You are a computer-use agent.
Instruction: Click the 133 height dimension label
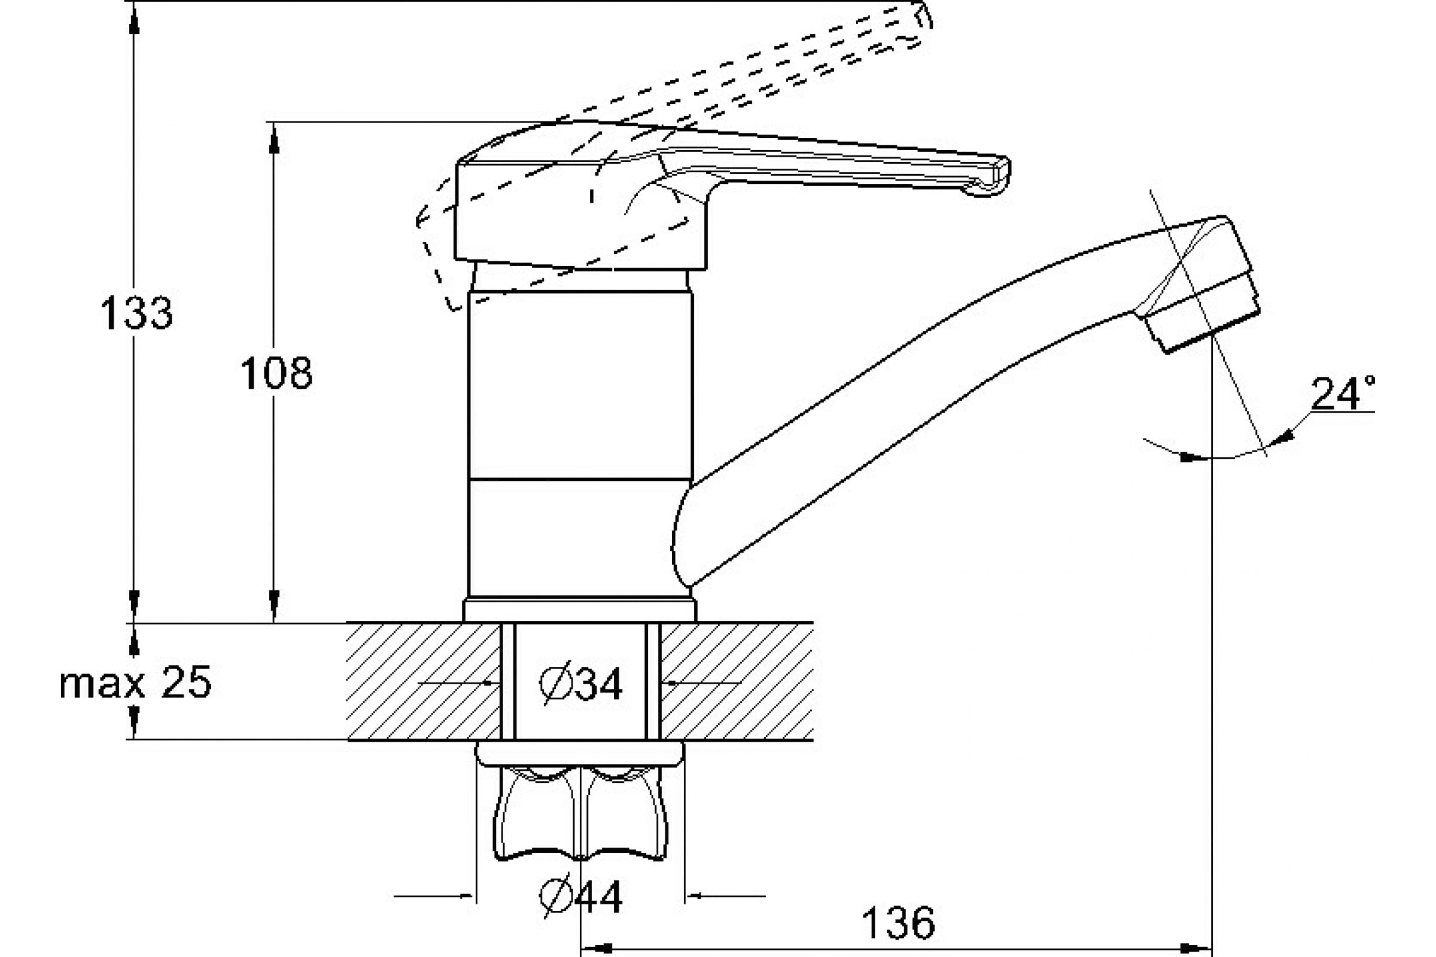(136, 313)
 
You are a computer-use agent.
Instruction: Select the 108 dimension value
(276, 373)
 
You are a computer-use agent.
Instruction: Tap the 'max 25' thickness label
(136, 682)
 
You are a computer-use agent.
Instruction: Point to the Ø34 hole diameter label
(580, 683)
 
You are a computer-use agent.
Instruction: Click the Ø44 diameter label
(580, 897)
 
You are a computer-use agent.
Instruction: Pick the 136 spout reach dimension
(898, 924)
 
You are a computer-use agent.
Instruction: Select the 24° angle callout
(1344, 394)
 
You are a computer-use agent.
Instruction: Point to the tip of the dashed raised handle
(922, 22)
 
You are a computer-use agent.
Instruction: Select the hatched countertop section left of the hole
(424, 681)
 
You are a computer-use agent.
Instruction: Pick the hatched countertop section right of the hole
(737, 681)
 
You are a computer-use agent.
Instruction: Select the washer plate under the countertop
(579, 753)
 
